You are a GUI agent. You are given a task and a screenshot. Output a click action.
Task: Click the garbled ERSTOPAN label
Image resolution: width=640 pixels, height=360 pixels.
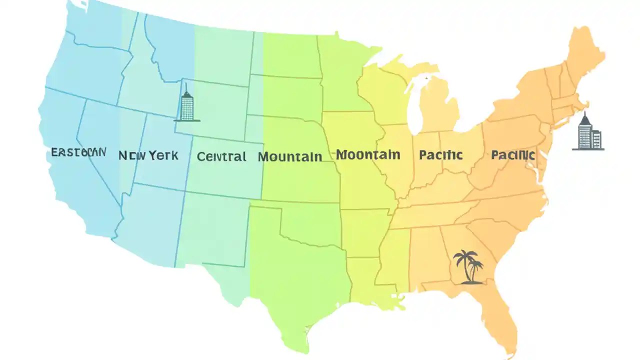tap(78, 152)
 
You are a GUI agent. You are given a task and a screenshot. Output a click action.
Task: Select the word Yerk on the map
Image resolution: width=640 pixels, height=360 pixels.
tap(162, 155)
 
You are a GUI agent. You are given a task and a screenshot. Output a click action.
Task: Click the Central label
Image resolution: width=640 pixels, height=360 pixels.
tap(221, 156)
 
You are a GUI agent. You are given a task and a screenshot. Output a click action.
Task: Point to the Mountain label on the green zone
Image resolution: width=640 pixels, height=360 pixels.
tap(290, 157)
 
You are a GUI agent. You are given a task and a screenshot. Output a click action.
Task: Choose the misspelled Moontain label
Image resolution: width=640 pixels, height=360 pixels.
tap(368, 154)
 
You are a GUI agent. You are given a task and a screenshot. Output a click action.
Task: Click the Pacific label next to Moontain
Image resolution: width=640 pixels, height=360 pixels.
tap(440, 155)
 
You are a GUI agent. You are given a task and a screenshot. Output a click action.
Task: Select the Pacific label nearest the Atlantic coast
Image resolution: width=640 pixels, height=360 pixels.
tap(513, 155)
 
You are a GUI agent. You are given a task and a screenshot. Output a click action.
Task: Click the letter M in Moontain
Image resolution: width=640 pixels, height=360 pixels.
tap(342, 154)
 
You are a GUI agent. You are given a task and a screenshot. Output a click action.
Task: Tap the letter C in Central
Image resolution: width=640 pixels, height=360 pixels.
tap(201, 156)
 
